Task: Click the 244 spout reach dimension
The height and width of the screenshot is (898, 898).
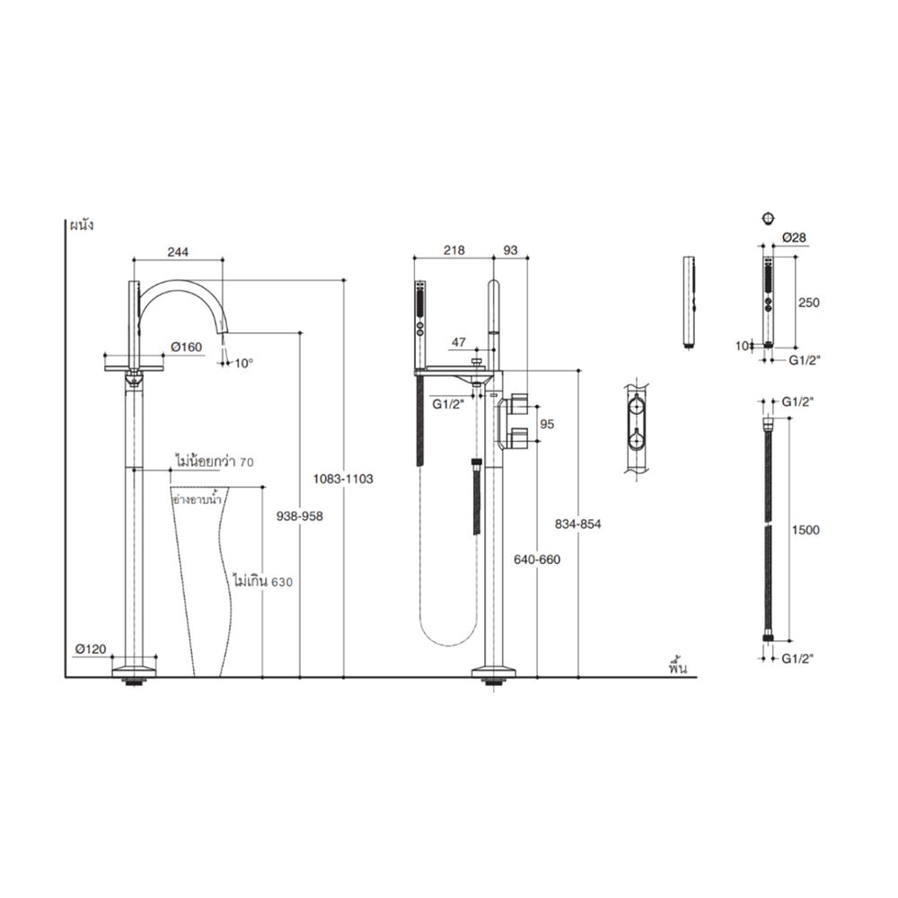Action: [x=178, y=253]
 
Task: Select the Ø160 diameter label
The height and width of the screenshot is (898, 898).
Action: [x=187, y=348]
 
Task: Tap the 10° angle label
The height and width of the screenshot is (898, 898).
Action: [x=243, y=364]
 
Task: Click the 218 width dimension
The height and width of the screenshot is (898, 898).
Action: [x=454, y=253]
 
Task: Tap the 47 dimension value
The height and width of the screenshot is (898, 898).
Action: [x=458, y=342]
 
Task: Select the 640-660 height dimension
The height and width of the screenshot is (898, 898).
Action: [x=537, y=558]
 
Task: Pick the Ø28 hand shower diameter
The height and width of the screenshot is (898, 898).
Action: [x=793, y=237]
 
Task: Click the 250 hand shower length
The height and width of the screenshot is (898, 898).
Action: [x=808, y=303]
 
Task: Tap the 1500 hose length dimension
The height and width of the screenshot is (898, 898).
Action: [x=807, y=530]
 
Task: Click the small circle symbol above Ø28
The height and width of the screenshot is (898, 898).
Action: [x=767, y=218]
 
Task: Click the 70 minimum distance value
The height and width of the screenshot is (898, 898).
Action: [x=248, y=462]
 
